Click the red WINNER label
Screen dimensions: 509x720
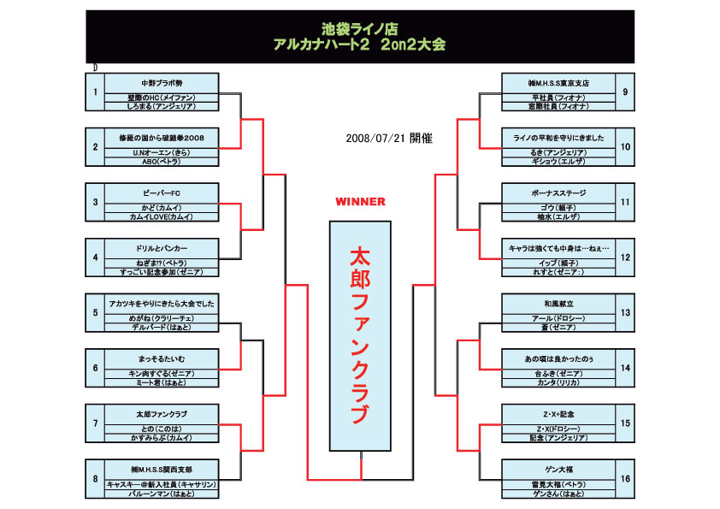pyautogui.click(x=360, y=202)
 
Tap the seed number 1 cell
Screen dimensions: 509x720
pyautogui.click(x=95, y=92)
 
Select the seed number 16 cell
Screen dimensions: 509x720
pyautogui.click(x=625, y=477)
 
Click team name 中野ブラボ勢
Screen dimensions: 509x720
pyautogui.click(x=162, y=83)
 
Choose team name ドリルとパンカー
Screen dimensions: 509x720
pyautogui.click(x=162, y=248)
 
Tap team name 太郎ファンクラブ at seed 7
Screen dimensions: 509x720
pyautogui.click(x=162, y=414)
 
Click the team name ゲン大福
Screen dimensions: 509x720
pyautogui.click(x=558, y=470)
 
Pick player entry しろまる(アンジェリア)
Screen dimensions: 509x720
pyautogui.click(x=162, y=106)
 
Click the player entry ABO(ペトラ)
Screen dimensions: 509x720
pyautogui.click(x=162, y=161)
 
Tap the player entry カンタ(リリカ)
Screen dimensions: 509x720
pyautogui.click(x=558, y=382)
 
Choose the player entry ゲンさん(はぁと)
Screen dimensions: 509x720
pyautogui.click(x=558, y=494)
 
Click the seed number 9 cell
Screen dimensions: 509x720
pyautogui.click(x=625, y=92)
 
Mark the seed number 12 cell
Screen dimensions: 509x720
pyautogui.click(x=625, y=257)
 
